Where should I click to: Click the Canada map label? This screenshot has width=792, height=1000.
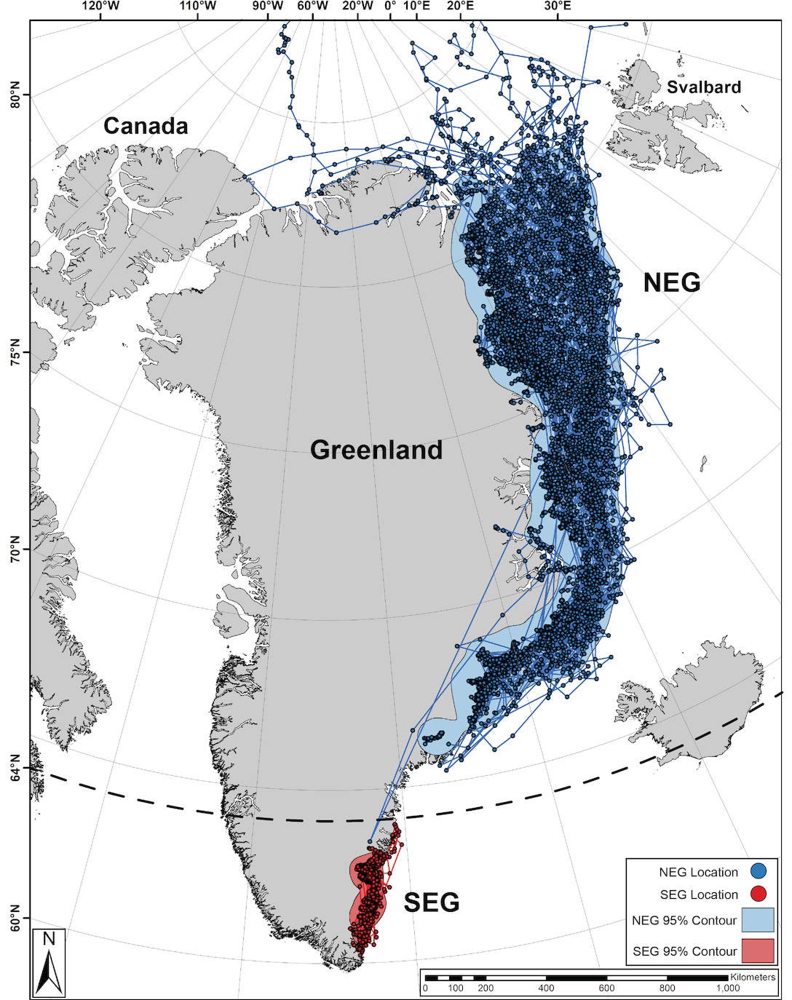(x=146, y=126)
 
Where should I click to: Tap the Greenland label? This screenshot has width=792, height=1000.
(x=376, y=450)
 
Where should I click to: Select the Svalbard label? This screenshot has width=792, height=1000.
(x=703, y=87)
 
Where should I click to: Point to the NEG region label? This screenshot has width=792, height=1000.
(x=671, y=282)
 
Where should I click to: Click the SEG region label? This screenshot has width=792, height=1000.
(x=432, y=902)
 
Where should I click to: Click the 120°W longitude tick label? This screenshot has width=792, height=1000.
(x=100, y=7)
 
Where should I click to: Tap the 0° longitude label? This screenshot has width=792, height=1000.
(x=391, y=7)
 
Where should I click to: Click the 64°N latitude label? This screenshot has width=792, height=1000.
(x=15, y=767)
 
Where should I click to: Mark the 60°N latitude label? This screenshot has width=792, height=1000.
(x=15, y=918)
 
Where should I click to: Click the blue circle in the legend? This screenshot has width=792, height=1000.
(x=757, y=871)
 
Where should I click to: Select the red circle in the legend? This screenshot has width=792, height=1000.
(x=757, y=894)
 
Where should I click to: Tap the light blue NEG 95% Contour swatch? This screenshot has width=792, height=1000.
(x=757, y=921)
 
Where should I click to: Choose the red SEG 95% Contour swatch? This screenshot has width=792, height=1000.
(x=757, y=951)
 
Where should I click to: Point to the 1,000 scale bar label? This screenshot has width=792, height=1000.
(x=728, y=988)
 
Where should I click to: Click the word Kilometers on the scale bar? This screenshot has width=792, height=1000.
(x=752, y=977)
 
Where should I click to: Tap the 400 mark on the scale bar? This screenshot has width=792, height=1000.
(x=546, y=988)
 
